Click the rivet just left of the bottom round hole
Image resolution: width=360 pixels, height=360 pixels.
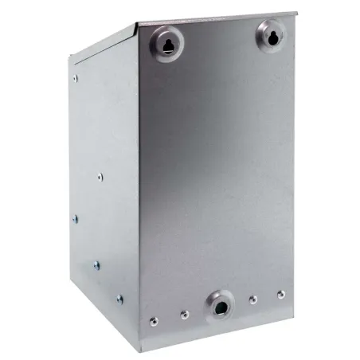183,315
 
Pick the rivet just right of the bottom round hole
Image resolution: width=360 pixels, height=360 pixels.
253,299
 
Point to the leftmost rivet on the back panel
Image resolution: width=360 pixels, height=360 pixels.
154,322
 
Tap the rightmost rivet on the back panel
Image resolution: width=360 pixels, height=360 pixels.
280,293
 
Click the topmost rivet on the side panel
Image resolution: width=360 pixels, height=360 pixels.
76,78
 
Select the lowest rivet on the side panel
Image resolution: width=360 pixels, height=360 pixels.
119,299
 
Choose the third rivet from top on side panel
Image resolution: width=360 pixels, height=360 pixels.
74,217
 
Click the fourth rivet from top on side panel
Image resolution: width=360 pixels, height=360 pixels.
96,264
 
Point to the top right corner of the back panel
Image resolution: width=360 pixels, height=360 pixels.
297,14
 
